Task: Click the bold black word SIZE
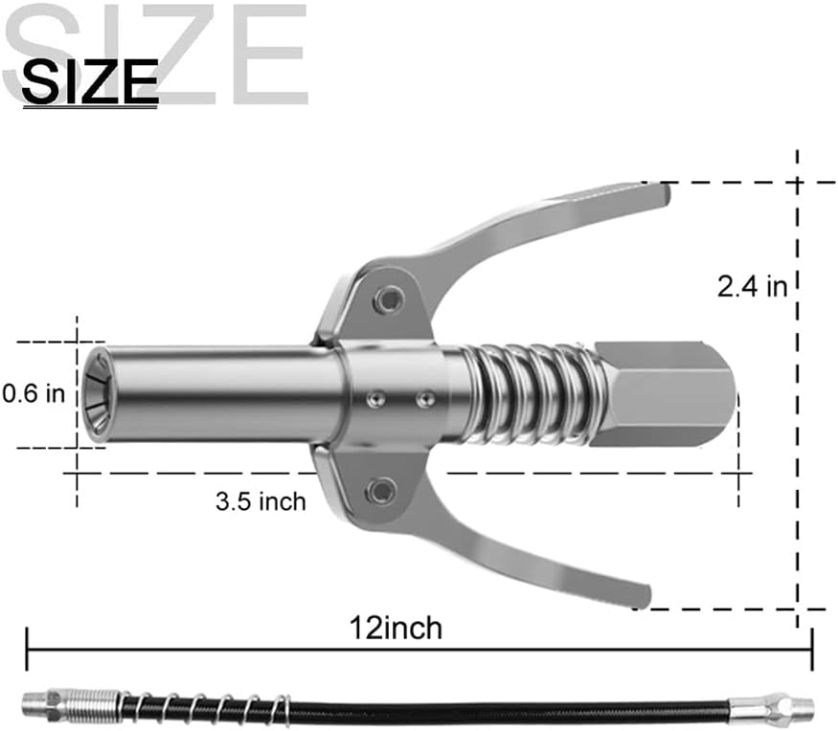tap(90, 81)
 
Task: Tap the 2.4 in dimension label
tap(753, 287)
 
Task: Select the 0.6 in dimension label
tap(34, 394)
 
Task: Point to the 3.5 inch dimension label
tap(260, 501)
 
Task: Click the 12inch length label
tap(396, 628)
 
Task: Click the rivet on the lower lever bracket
tap(381, 490)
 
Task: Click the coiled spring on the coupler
tap(527, 394)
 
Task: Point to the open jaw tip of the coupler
tap(98, 394)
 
